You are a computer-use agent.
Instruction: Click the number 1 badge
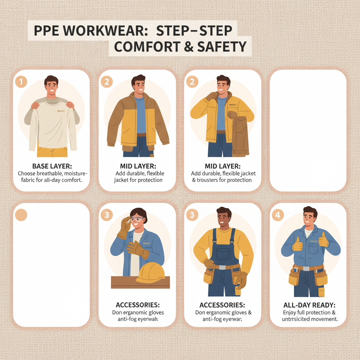coord(21,82)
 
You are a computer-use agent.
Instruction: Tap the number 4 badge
coord(278,215)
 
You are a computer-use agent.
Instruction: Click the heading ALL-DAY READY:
coord(308,305)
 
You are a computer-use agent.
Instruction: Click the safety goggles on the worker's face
coord(137,220)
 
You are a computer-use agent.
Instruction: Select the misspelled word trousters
coord(211,180)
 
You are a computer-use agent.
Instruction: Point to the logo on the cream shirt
coord(62,111)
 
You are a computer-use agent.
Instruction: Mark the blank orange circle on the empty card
coord(21,215)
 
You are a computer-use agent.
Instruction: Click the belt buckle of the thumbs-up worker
coord(306,269)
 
